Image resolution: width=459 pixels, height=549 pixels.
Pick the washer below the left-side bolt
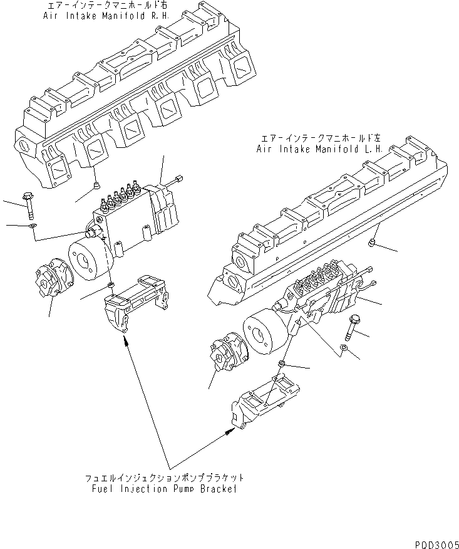click(33, 225)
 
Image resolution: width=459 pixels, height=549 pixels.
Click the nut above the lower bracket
click(282, 364)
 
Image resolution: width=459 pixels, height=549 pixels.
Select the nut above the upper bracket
click(111, 286)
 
